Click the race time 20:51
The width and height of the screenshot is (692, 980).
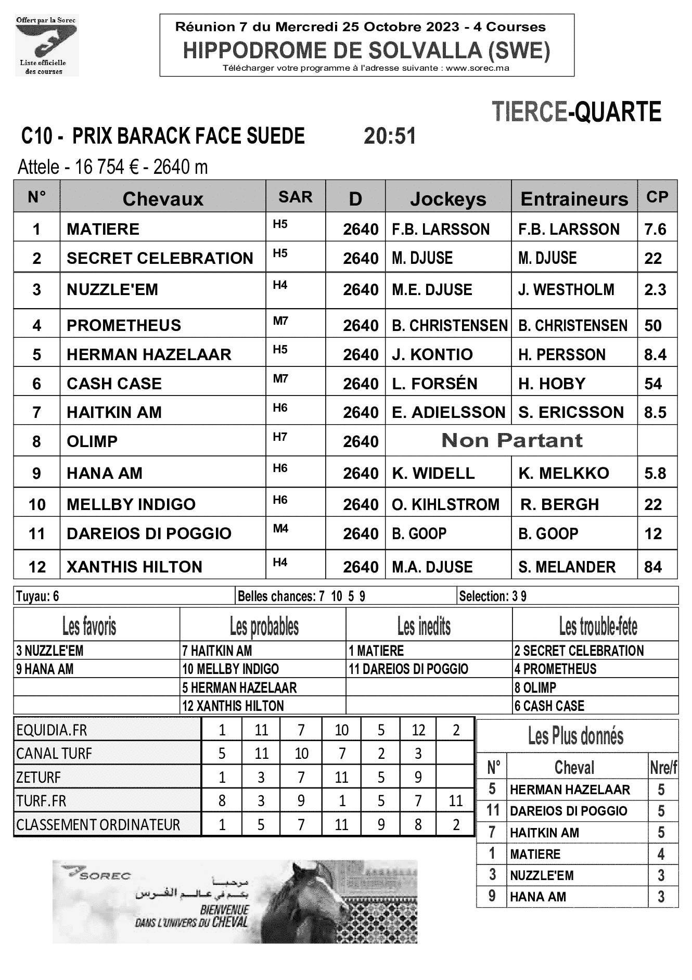click(x=390, y=136)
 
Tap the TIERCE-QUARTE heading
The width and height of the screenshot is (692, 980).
click(x=576, y=112)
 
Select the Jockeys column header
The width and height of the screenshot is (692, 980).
click(x=448, y=199)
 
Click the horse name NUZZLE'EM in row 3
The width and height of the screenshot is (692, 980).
click(x=112, y=290)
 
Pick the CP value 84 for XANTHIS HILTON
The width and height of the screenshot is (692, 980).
click(x=653, y=567)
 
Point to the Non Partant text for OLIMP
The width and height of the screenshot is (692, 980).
click(x=511, y=441)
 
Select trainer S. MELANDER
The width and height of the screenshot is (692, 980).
click(x=567, y=567)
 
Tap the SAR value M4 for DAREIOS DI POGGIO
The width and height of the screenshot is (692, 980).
click(x=280, y=529)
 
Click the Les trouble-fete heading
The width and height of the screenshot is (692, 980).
click(x=598, y=626)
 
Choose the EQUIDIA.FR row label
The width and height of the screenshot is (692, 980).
click(x=52, y=730)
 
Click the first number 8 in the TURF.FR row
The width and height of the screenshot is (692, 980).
click(x=222, y=800)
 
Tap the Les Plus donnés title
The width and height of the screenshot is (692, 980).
click(x=575, y=736)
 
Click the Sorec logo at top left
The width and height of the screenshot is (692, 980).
click(x=47, y=46)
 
